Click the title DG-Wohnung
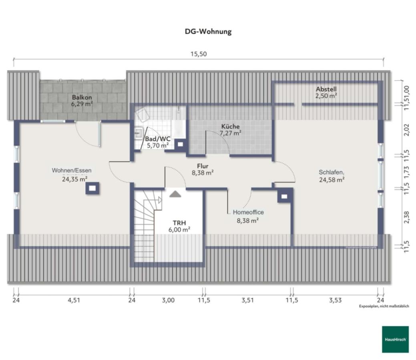coord(208,32)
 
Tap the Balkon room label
coord(82,100)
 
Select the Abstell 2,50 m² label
coord(326,92)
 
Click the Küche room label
coord(231,130)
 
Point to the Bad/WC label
coord(157,142)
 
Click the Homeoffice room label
coord(248,216)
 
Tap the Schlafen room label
coord(332,176)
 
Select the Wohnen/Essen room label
coord(74,174)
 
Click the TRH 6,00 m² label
coord(179,226)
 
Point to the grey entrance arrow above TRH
coord(175,194)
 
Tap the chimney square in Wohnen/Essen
coord(92,188)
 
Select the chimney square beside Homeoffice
coord(284,196)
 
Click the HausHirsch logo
coord(395,339)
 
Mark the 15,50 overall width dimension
coord(199,54)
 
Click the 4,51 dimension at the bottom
coord(74,300)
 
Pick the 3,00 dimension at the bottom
coord(168,300)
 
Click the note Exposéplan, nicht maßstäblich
coord(384,306)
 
